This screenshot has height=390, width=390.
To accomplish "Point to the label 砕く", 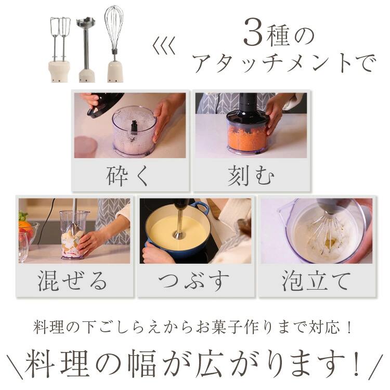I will pos(128,176).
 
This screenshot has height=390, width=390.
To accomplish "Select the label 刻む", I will pos(251,176).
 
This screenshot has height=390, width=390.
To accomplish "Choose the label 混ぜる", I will pos(73,281).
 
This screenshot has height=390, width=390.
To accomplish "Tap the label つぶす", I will pos(194,281).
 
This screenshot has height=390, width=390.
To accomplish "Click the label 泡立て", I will pos(316,281).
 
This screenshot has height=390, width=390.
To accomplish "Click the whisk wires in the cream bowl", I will pos(325,231).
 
